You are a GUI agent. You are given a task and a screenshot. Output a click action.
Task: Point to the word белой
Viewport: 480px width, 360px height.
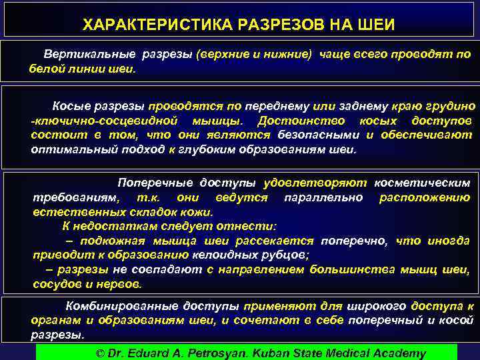[x=45, y=68]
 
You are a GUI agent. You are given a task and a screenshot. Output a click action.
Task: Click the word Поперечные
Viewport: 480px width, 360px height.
[x=157, y=183]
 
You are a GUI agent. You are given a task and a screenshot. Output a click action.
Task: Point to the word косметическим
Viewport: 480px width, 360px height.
[x=422, y=183]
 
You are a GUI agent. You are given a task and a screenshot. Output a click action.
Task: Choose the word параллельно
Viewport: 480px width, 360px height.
[x=323, y=197]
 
